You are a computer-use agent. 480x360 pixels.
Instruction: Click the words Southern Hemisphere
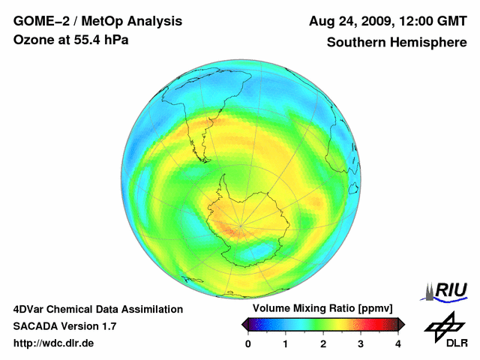tap(396, 43)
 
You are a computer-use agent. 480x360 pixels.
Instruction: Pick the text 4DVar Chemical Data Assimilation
tap(97, 309)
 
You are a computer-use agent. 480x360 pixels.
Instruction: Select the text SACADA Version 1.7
tap(64, 326)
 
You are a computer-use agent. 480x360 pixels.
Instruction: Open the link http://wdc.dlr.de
tap(54, 343)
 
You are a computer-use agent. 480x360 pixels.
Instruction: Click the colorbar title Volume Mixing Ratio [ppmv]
tap(324, 308)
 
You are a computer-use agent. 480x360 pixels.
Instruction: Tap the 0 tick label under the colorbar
tap(248, 343)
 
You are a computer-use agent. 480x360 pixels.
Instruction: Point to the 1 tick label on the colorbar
tap(286, 343)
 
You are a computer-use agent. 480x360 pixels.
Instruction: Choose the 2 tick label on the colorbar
tap(323, 343)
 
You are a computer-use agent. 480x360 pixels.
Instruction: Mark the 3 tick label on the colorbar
tap(361, 343)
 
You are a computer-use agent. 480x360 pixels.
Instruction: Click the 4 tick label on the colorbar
tap(398, 343)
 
